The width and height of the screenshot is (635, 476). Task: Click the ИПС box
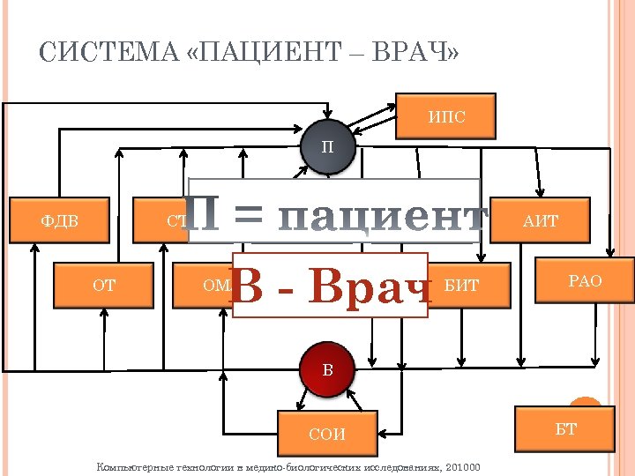coord(445,116)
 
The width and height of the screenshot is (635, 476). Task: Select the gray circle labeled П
coord(327,146)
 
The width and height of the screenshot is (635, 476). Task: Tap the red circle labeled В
coord(327,368)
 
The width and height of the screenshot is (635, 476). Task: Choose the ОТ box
coord(104,284)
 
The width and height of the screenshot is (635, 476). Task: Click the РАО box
coord(585,281)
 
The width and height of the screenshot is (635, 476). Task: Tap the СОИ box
coord(326,434)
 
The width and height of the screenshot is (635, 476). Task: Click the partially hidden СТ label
coord(176,221)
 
